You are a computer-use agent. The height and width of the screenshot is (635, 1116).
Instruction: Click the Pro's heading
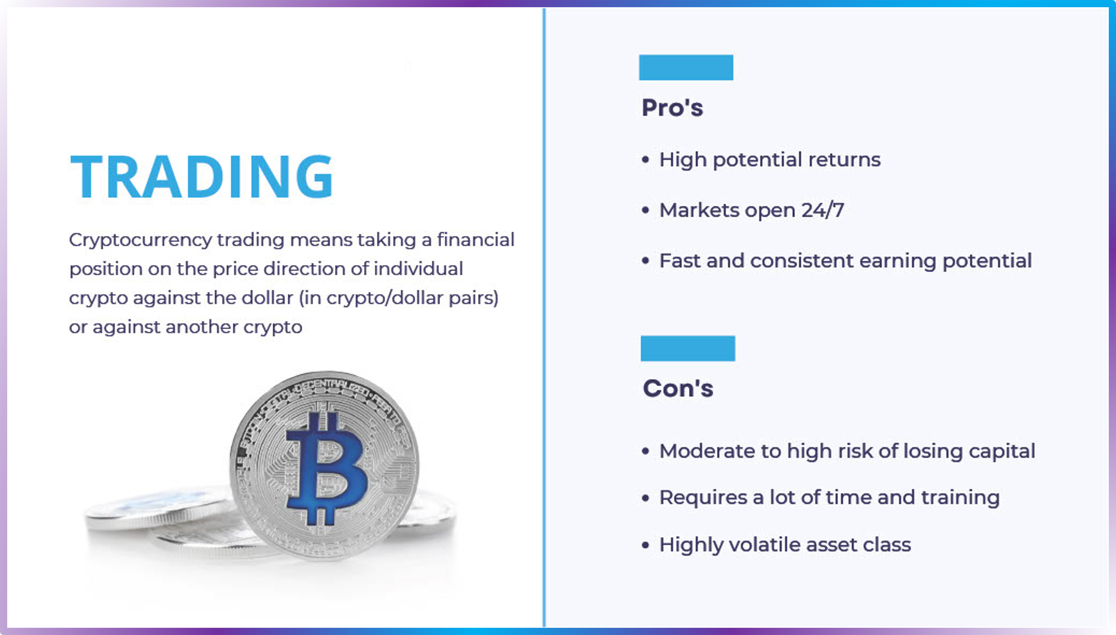click(672, 108)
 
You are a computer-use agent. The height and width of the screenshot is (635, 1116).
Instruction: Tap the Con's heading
click(678, 388)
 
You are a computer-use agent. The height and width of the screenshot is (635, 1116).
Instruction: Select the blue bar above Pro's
click(686, 68)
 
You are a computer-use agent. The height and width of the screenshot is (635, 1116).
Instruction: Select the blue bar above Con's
click(688, 348)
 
